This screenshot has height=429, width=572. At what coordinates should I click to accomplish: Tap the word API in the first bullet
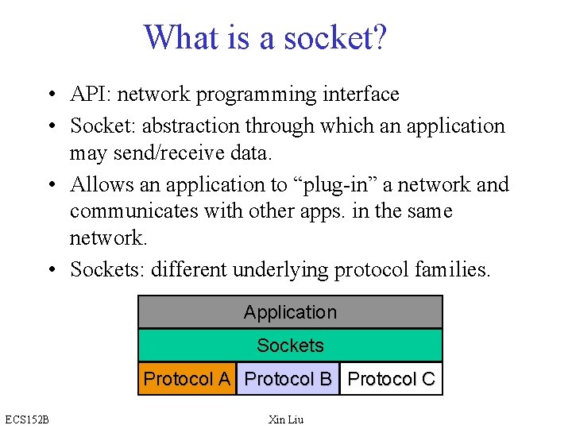pos(89,95)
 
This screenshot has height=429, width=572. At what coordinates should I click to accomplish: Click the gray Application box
pos(290,312)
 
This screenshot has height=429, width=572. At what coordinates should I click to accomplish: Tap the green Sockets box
pos(290,346)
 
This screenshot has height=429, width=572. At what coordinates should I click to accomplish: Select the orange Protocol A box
pos(187,379)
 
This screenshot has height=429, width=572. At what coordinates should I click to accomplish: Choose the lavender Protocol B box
pos(288,379)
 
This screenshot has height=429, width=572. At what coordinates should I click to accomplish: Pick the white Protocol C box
pos(391,379)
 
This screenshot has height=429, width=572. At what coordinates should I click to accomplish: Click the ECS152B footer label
pos(26,419)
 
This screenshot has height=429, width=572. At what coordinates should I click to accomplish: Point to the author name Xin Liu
pos(286,419)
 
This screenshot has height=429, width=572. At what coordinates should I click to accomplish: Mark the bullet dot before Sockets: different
pos(50,271)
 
